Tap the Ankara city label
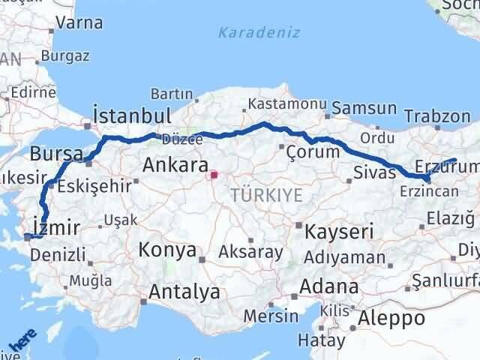(174, 164)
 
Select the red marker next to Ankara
(213, 176)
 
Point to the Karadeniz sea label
(259, 32)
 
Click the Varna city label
(79, 22)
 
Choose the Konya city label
(167, 250)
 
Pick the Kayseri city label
(339, 232)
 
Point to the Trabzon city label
(437, 116)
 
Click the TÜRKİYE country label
(266, 195)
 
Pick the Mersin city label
(271, 315)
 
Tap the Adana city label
(328, 286)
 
